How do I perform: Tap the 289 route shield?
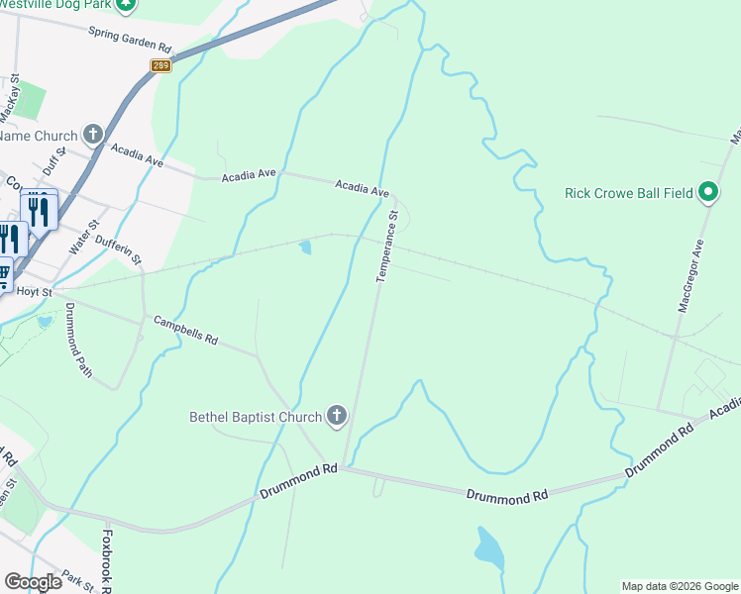(x=160, y=65)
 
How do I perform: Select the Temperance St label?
(x=386, y=246)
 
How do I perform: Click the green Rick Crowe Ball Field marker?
(x=708, y=192)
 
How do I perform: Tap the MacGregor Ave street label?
(x=691, y=275)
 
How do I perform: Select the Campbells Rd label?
(x=185, y=331)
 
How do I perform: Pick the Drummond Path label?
(x=77, y=340)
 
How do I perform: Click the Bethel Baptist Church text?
(x=256, y=417)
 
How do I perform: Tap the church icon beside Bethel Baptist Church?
(x=336, y=417)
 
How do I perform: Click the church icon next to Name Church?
(x=93, y=135)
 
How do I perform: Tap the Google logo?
(x=33, y=582)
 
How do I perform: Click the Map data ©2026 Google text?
(x=679, y=586)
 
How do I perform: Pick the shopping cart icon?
(x=3, y=274)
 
